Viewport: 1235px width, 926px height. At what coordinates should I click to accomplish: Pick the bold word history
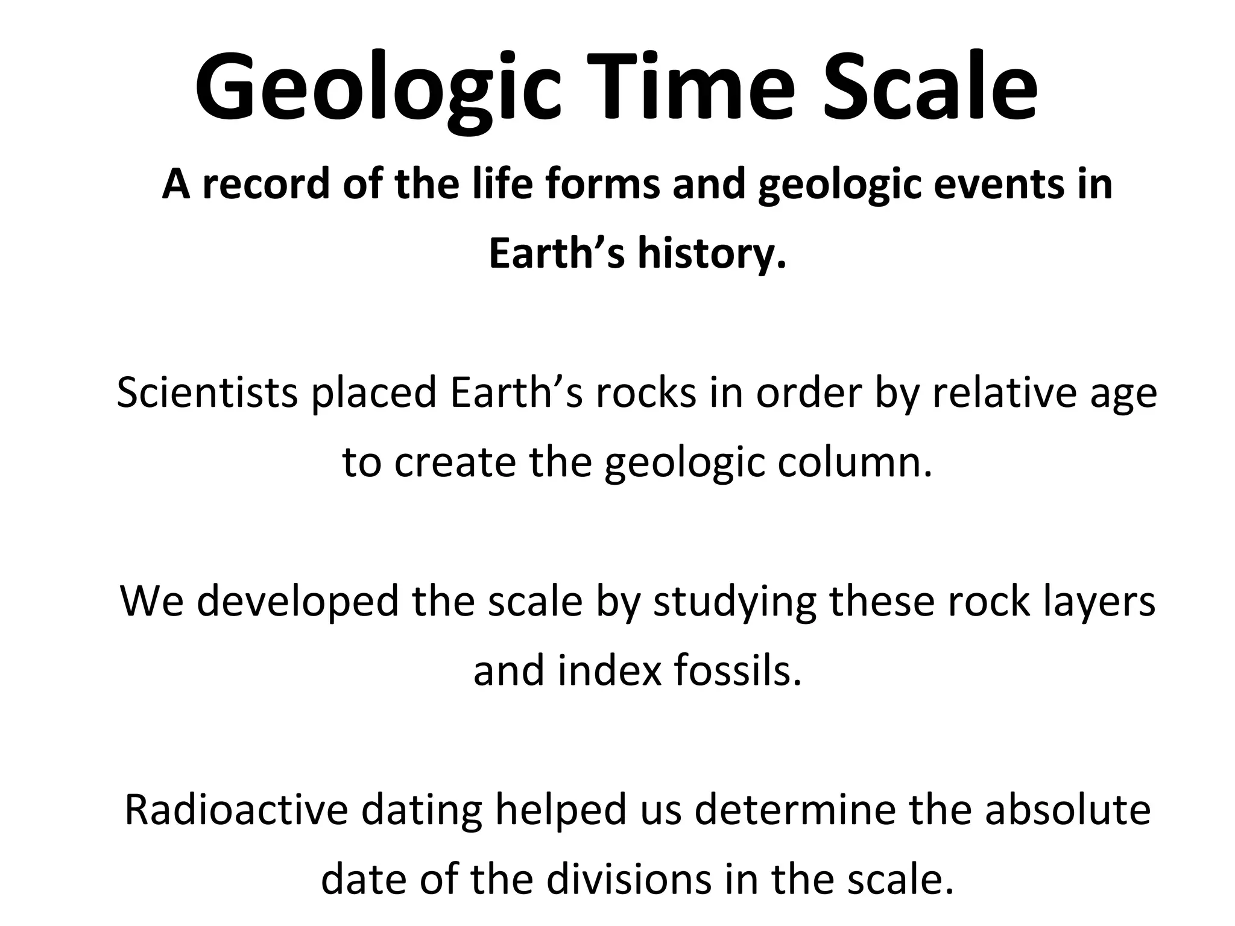(712, 254)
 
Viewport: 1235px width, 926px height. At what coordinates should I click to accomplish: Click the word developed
(298, 602)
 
